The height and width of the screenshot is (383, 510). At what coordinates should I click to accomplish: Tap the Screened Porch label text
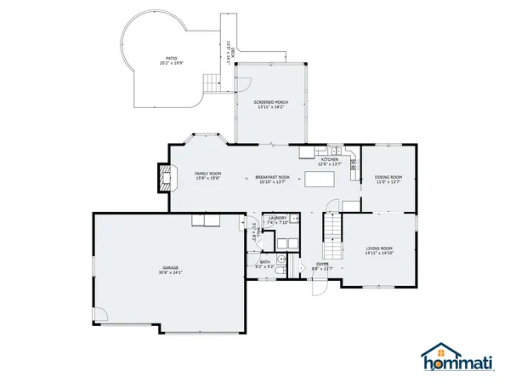coord(271,102)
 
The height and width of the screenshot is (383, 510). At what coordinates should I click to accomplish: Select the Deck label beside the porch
coord(229,51)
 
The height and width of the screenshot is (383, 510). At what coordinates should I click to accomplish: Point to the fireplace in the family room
coord(162,176)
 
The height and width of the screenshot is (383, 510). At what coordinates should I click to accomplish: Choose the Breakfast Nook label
coord(272,177)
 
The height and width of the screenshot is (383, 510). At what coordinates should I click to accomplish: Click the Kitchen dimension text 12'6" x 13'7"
coord(329,164)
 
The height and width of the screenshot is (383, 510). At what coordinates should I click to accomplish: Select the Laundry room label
coord(277,219)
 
